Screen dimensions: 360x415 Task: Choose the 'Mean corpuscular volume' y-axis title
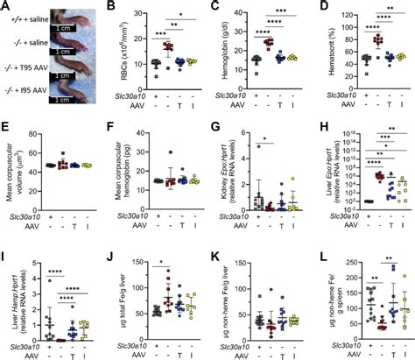coord(11,171)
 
